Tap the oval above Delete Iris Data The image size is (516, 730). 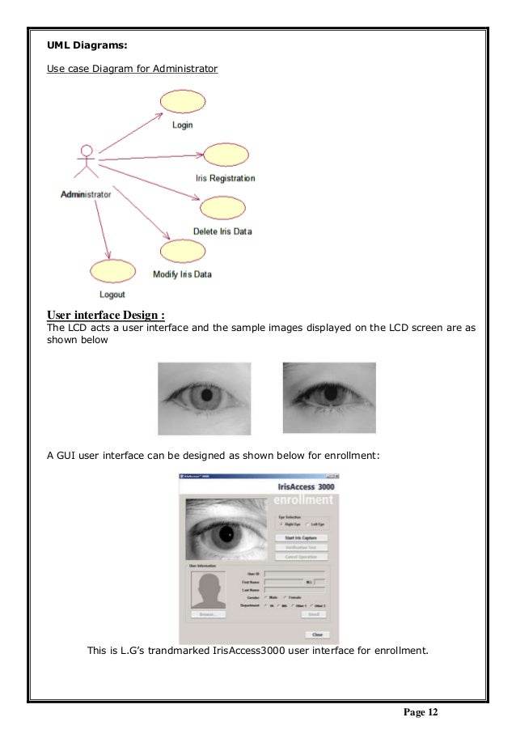point(222,208)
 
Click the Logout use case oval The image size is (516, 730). point(112,272)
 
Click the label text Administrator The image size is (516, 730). point(86,194)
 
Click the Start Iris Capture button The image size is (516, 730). point(301,537)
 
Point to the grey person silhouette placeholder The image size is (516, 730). point(209,589)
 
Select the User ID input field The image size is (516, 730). point(294,573)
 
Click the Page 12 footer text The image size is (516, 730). point(420,711)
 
